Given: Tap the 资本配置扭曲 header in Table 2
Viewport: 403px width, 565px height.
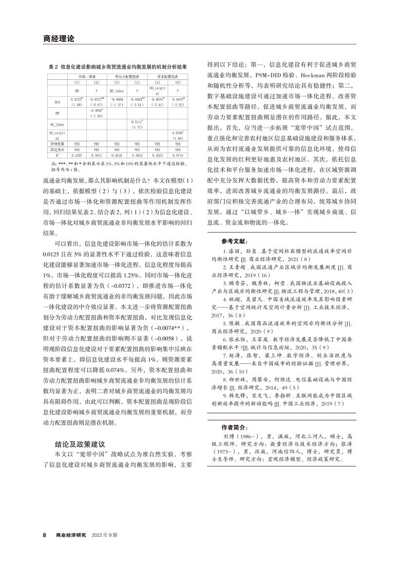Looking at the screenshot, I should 167,77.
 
